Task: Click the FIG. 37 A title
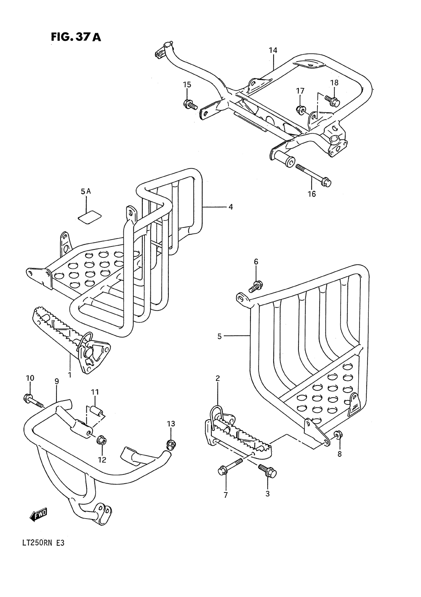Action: (x=76, y=37)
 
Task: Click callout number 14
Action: (x=273, y=51)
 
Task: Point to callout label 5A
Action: (x=86, y=192)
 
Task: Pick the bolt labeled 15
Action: (x=190, y=104)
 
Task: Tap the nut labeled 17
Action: (x=301, y=110)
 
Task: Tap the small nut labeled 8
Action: (x=337, y=434)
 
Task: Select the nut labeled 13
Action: (x=171, y=443)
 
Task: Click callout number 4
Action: (x=231, y=207)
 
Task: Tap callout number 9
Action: (x=56, y=381)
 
